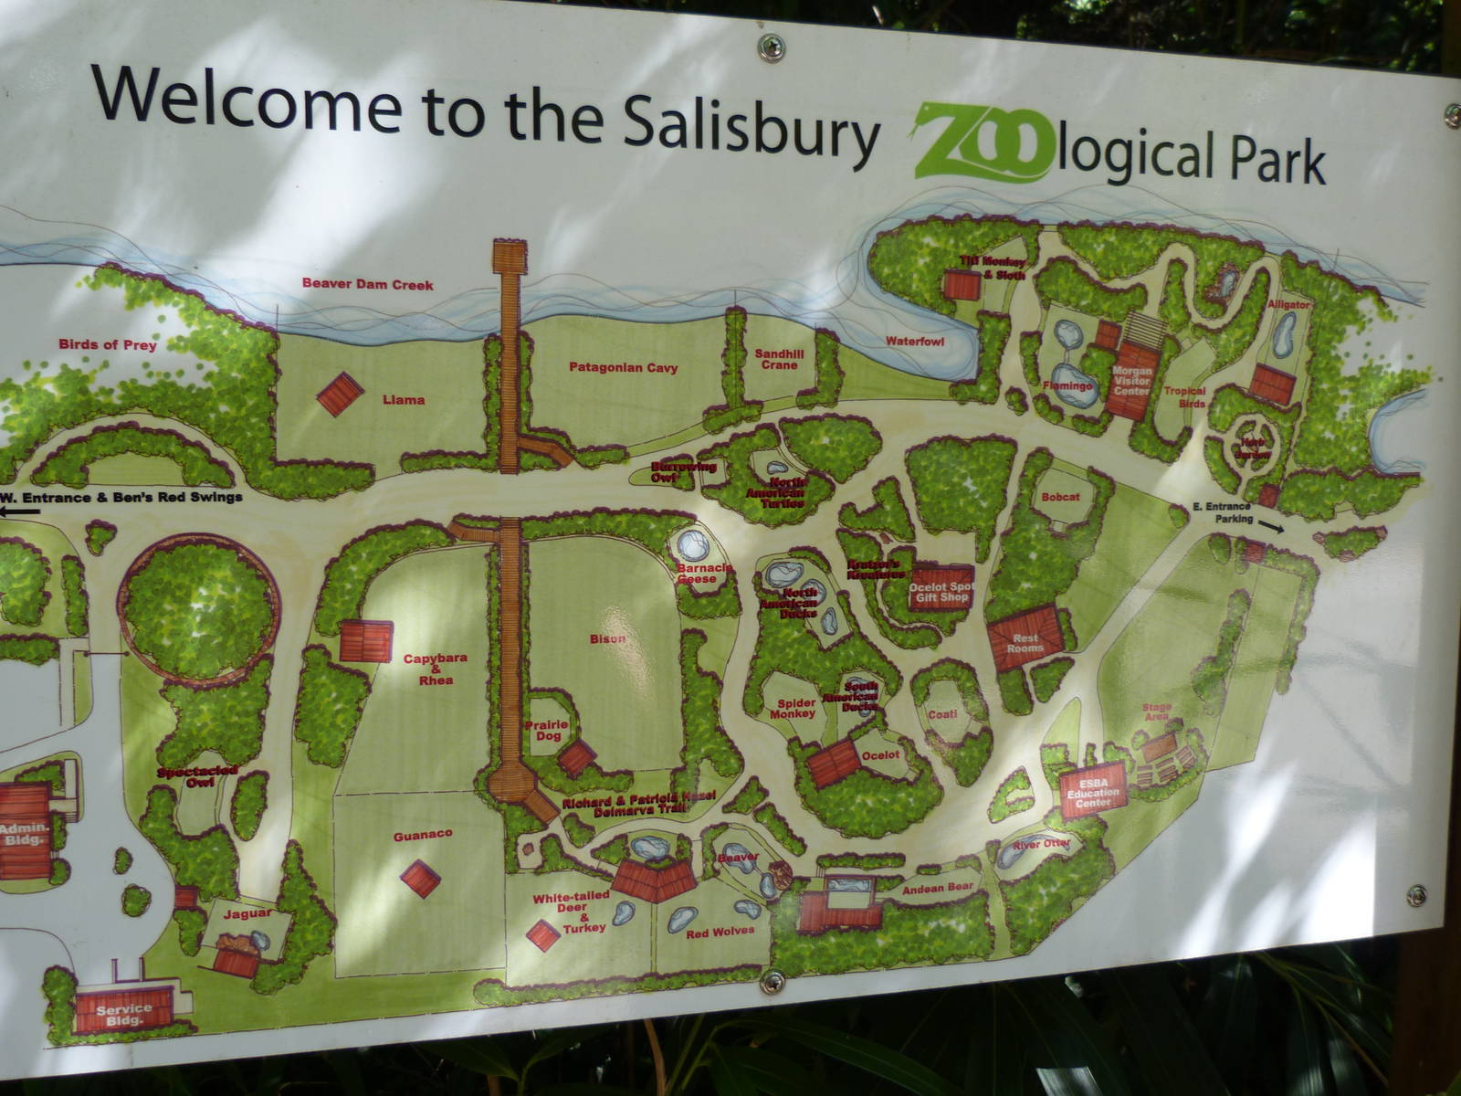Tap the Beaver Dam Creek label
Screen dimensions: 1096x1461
pos(367,284)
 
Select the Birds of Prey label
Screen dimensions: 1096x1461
pos(108,345)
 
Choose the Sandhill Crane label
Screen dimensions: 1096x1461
pos(776,359)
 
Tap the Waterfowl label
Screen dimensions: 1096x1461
pos(914,342)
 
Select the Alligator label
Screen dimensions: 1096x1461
pos(1288,304)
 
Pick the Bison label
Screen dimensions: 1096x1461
pos(607,639)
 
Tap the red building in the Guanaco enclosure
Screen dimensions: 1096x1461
pos(420,878)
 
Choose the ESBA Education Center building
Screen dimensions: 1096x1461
pos(1093,791)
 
